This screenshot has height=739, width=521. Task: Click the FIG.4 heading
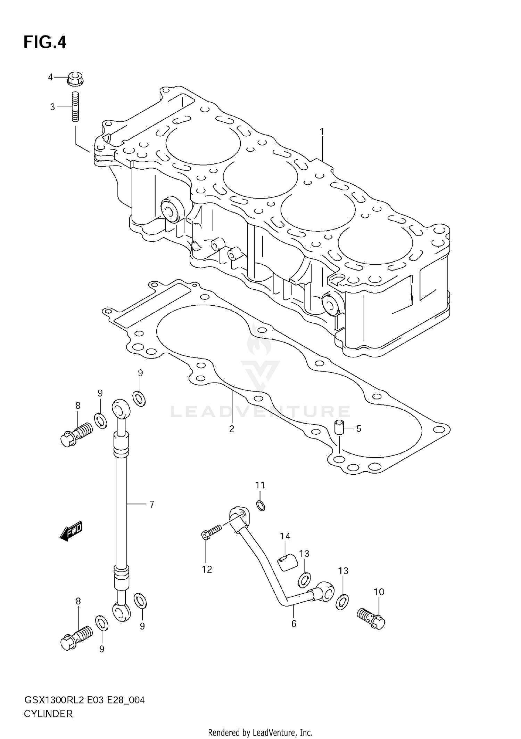click(x=45, y=42)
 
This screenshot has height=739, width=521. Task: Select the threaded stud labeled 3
click(x=75, y=106)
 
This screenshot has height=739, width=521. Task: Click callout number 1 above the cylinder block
click(x=322, y=132)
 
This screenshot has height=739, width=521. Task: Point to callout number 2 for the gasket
click(x=232, y=429)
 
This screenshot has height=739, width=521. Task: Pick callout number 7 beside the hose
click(x=151, y=504)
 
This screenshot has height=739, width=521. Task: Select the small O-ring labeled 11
click(x=261, y=505)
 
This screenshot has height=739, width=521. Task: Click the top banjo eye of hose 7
click(x=121, y=409)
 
